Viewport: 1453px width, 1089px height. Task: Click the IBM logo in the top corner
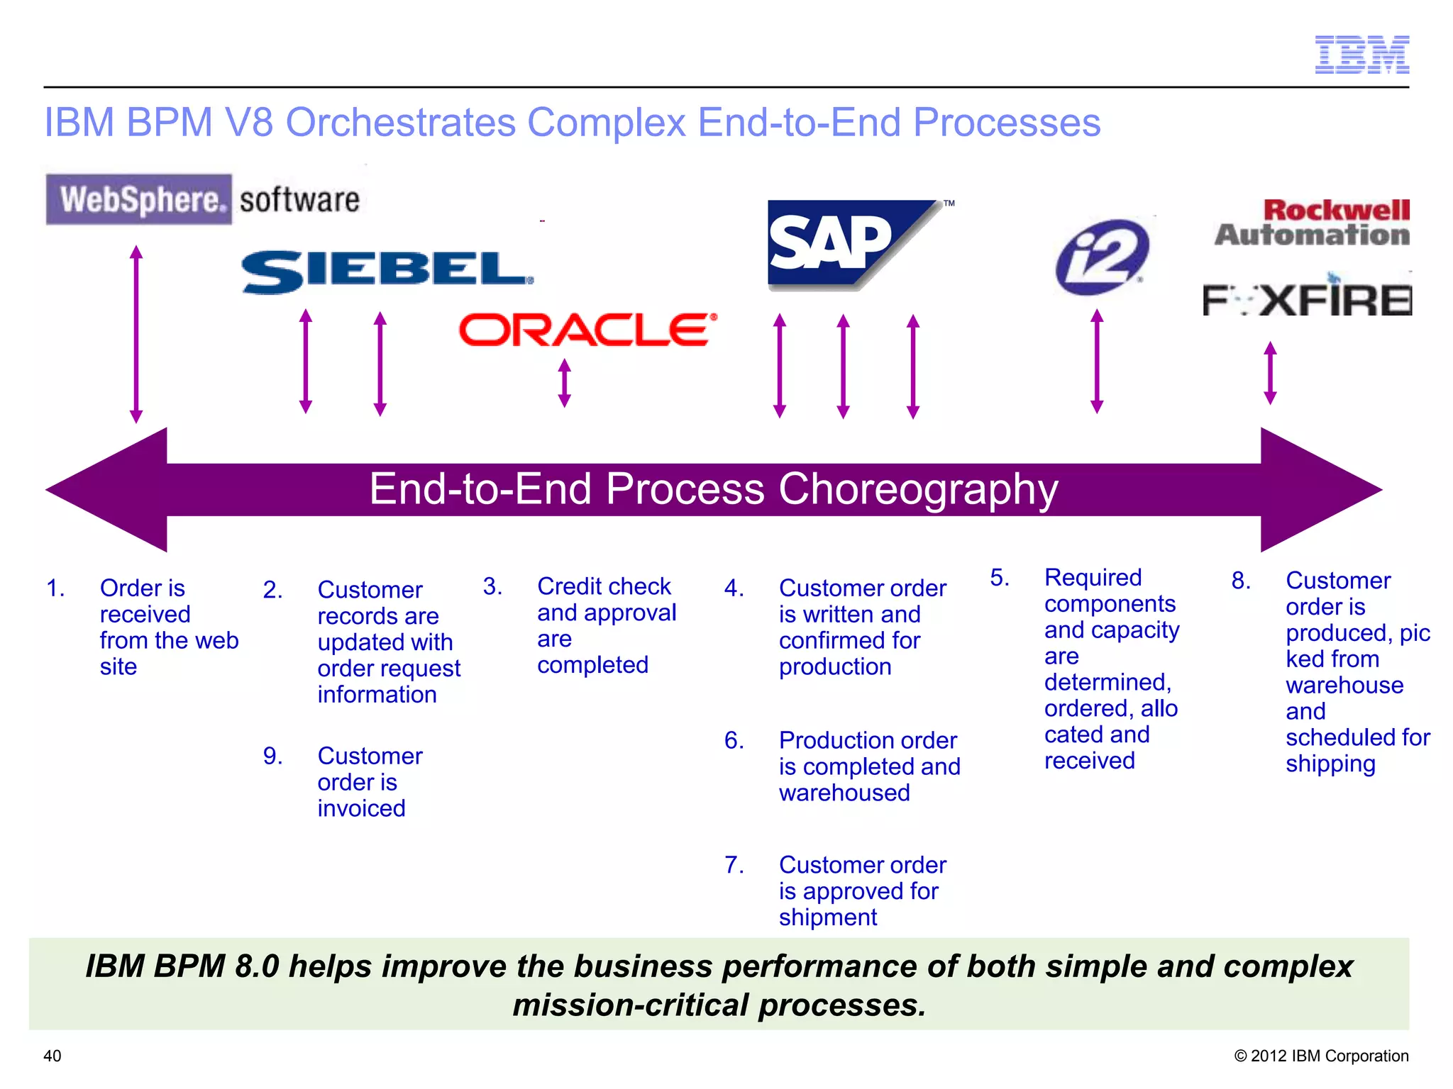point(1361,55)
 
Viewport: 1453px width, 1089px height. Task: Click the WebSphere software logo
point(203,199)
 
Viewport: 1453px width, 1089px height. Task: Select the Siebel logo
point(387,272)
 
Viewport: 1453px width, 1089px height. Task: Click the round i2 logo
point(1102,257)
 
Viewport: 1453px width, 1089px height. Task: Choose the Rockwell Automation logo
point(1313,223)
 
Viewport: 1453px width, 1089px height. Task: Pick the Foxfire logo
point(1307,300)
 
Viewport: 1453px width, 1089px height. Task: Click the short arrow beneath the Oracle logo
point(565,383)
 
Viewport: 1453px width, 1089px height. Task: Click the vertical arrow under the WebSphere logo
point(136,334)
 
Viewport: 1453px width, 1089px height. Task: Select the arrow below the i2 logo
point(1097,361)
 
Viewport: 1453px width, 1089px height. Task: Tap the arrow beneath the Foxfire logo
point(1270,373)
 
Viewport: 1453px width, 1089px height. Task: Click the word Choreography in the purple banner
point(918,489)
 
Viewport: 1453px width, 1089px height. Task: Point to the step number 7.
point(734,865)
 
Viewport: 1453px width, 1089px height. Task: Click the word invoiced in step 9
point(361,808)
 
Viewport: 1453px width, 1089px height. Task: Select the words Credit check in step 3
point(603,586)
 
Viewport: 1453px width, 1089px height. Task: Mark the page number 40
point(53,1056)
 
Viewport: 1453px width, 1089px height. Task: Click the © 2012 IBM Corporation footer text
point(1321,1056)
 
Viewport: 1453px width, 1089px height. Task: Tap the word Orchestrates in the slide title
point(400,123)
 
